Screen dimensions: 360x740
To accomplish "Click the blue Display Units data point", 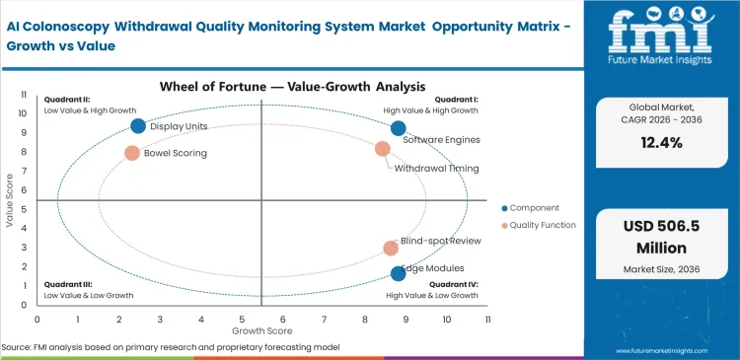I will (138, 125).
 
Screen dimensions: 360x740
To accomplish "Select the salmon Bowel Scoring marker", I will (132, 153).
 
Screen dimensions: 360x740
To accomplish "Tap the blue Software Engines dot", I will (398, 128).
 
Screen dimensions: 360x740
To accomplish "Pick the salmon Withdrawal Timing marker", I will (383, 149).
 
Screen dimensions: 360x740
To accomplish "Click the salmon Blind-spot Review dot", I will (391, 249).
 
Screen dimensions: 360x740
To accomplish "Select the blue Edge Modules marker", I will (398, 273).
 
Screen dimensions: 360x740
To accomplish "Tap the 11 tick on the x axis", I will (487, 319).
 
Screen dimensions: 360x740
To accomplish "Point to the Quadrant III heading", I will (68, 283).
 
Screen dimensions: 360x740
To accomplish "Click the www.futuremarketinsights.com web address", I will (669, 349).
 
